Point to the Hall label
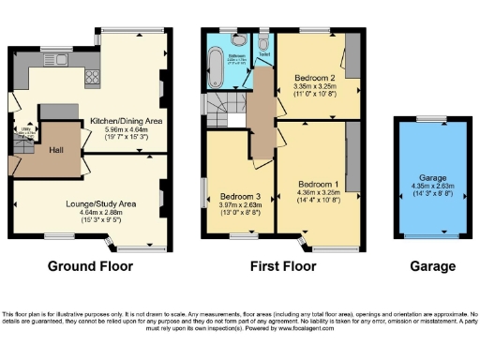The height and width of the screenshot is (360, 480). click(56, 148)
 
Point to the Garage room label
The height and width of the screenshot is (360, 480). click(432, 177)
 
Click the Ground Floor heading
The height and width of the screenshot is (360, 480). click(90, 266)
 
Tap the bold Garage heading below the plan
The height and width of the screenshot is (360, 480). click(432, 266)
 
